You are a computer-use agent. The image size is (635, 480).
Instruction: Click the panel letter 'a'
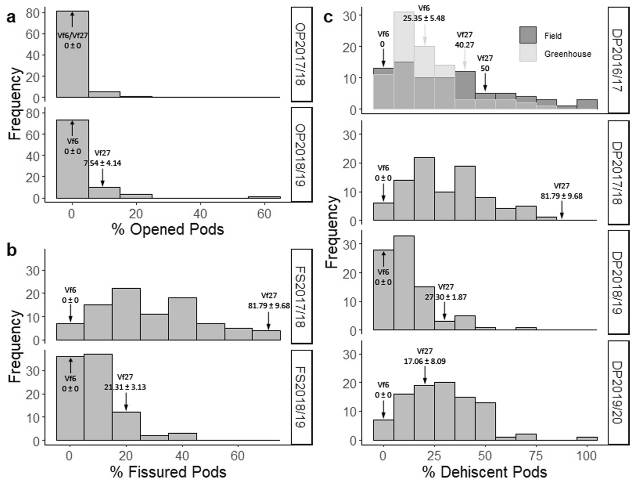pyautogui.click(x=11, y=17)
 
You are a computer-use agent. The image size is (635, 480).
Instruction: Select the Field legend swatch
pyautogui.click(x=528, y=35)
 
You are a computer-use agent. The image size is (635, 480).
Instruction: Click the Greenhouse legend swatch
pyautogui.click(x=528, y=53)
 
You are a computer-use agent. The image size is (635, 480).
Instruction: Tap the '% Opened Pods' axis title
pyautogui.click(x=168, y=229)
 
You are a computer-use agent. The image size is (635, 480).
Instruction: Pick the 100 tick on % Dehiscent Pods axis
pyautogui.click(x=587, y=456)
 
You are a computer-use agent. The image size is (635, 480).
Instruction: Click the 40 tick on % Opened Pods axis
pyautogui.click(x=200, y=214)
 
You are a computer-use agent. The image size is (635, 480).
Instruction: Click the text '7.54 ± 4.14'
pyautogui.click(x=103, y=163)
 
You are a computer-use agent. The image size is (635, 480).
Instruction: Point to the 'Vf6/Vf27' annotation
pyautogui.click(x=73, y=36)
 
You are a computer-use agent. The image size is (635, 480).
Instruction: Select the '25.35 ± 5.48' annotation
pyautogui.click(x=424, y=18)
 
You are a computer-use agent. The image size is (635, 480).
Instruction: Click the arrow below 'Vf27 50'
pyautogui.click(x=485, y=82)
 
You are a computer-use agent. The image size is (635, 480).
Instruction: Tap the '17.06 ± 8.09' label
pyautogui.click(x=425, y=361)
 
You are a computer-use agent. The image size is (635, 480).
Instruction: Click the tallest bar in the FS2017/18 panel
pyautogui.click(x=126, y=314)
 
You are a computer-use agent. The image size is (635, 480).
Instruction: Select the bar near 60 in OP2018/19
pyautogui.click(x=264, y=197)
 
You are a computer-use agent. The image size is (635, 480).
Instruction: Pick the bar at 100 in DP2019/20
pyautogui.click(x=587, y=438)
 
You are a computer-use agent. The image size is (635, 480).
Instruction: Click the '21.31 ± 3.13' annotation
pyautogui.click(x=125, y=387)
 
